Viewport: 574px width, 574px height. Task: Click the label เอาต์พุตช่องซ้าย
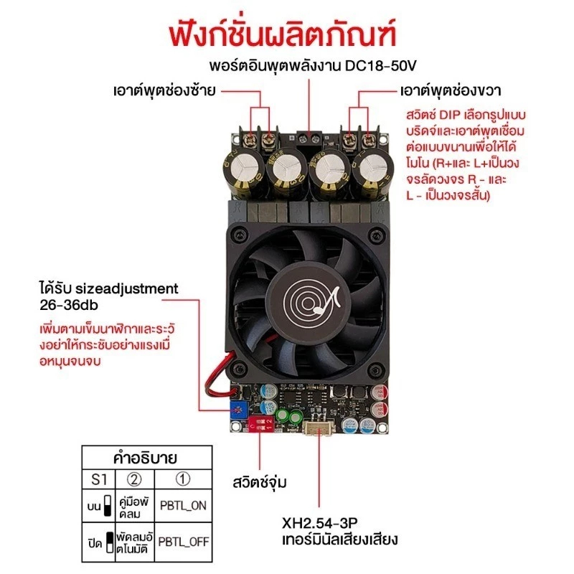point(164,90)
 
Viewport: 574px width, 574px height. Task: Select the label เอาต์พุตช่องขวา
point(451,90)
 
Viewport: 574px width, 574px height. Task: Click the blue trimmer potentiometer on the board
point(239,410)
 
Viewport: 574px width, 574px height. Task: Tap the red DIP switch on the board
point(260,423)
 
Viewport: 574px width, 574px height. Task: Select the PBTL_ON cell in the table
point(184,506)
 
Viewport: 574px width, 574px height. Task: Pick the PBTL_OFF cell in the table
point(184,542)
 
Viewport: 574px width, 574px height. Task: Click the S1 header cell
point(98,479)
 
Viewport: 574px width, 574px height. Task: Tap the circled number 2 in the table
point(134,479)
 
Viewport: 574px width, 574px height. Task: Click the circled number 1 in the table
point(183,479)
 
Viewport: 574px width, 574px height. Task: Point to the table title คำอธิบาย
point(146,458)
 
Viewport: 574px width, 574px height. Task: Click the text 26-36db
point(69,305)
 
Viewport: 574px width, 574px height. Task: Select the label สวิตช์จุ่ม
point(260,482)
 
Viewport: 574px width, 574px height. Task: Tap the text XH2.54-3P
point(320,523)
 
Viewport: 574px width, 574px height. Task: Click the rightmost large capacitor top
point(373,168)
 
